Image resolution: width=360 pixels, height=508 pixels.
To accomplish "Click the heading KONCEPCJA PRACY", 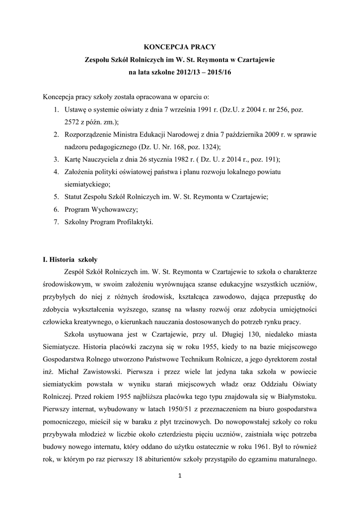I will (x=180, y=47).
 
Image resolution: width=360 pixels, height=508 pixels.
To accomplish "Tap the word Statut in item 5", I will (x=74, y=197).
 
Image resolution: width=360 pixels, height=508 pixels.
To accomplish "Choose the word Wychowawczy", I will (x=115, y=210).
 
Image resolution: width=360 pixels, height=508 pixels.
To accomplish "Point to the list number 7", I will (x=57, y=222).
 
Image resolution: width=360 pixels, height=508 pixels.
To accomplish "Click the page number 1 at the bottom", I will (x=179, y=477).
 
